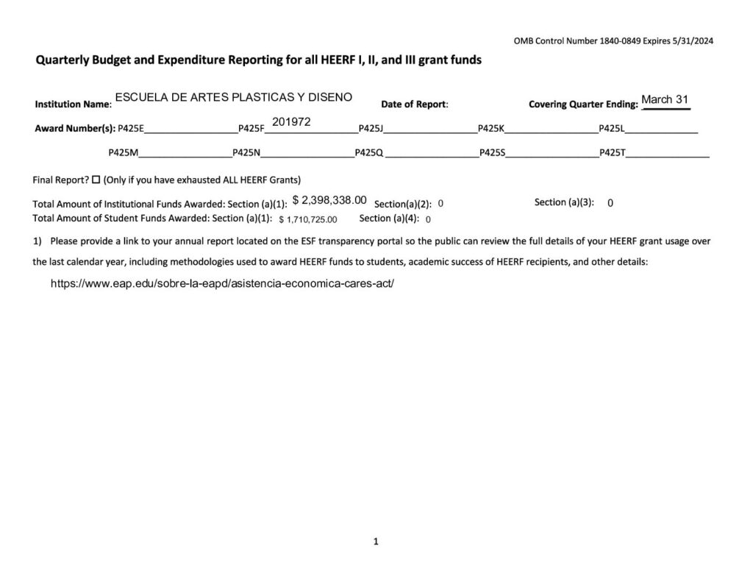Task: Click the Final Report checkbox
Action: (x=96, y=180)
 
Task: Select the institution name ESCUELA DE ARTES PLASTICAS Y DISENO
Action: (x=234, y=97)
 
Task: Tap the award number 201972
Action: (x=291, y=121)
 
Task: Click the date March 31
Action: (x=665, y=100)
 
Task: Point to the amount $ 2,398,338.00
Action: (x=329, y=200)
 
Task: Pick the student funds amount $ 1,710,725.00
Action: (x=308, y=219)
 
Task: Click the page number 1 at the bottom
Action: (x=376, y=542)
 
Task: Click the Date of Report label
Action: (x=414, y=104)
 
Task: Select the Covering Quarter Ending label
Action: (x=582, y=104)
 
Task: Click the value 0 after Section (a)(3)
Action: (x=610, y=203)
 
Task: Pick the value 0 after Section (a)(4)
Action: (x=428, y=219)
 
